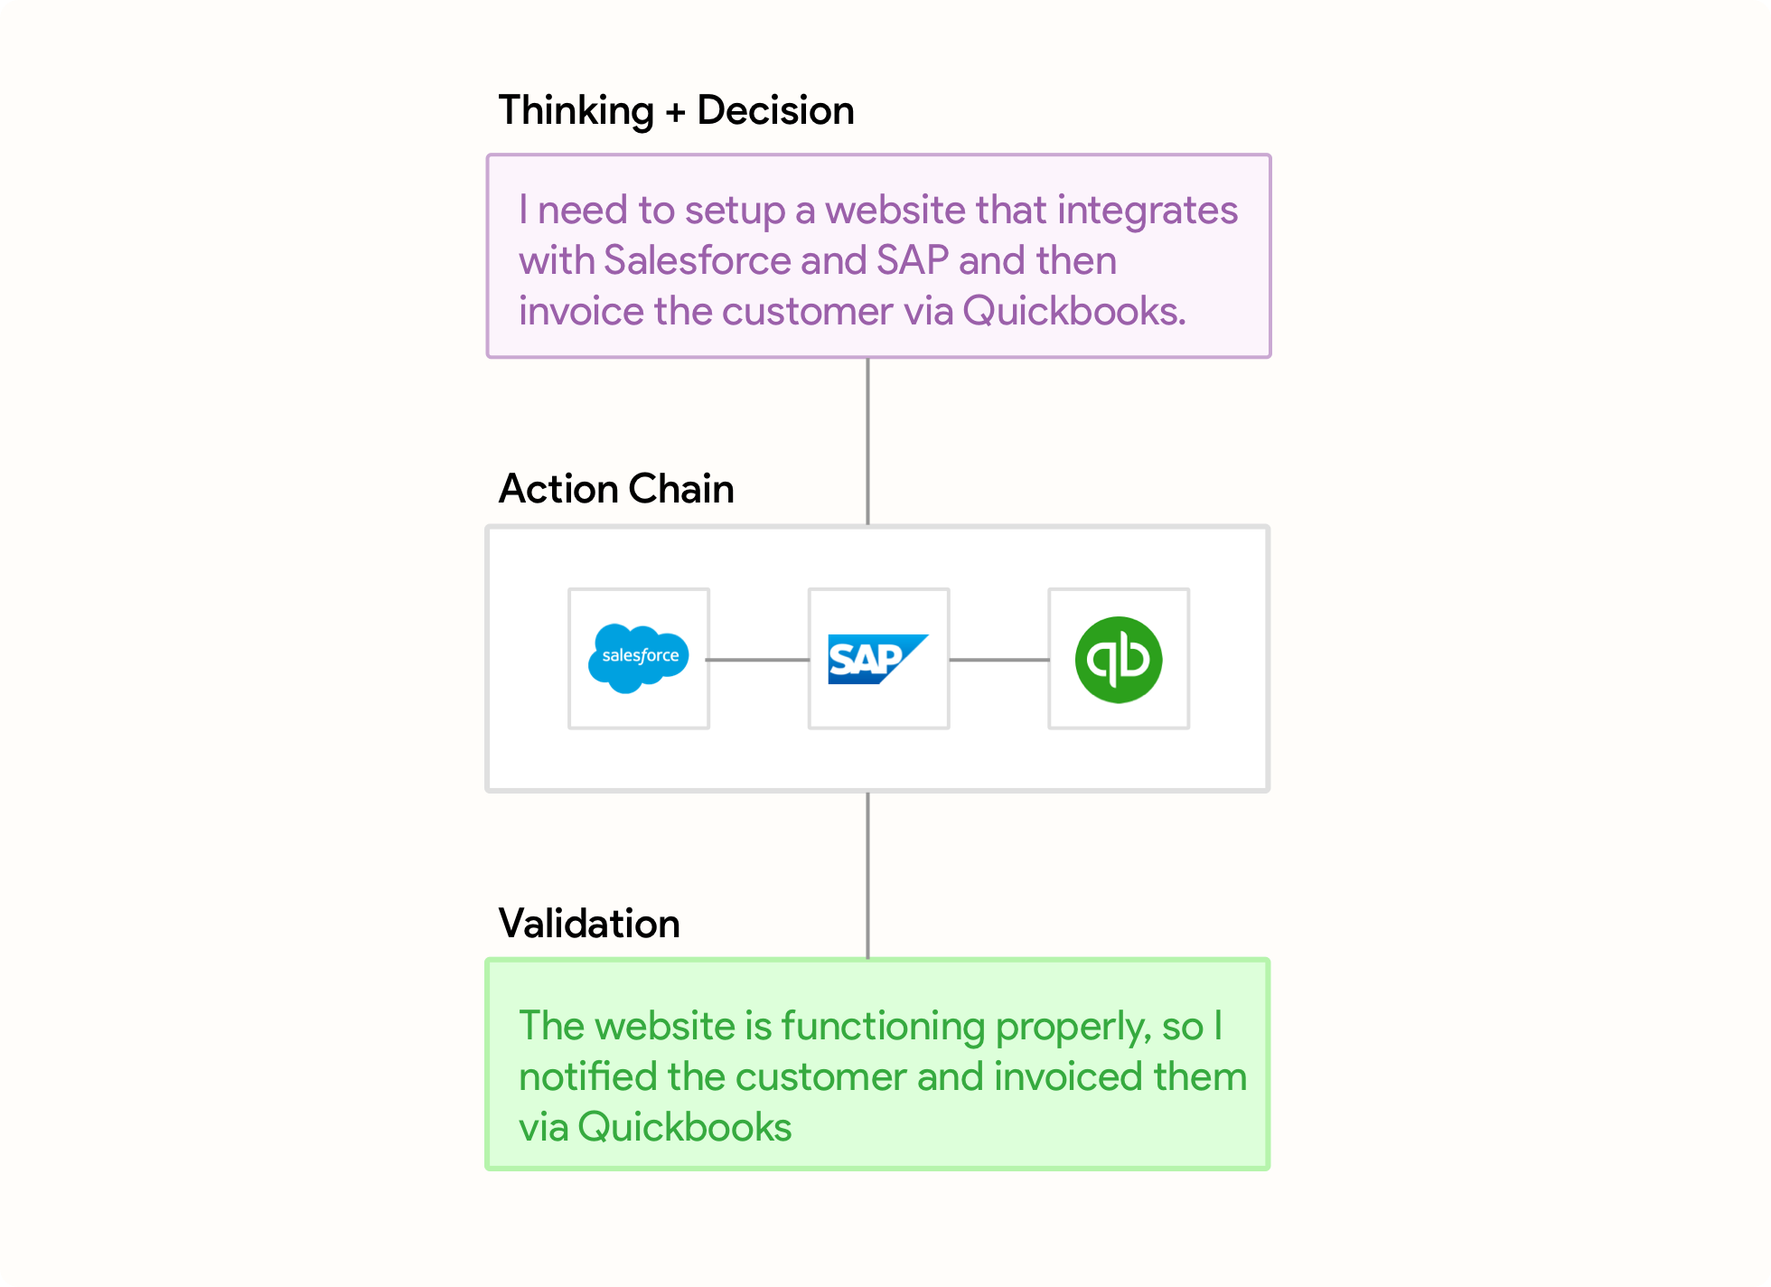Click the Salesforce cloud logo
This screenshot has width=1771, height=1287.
click(639, 658)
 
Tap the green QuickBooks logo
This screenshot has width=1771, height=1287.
click(1119, 660)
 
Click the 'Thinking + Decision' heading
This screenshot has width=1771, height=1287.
click(676, 110)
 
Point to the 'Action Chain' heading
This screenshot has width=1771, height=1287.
click(616, 489)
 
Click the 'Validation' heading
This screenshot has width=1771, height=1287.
click(589, 924)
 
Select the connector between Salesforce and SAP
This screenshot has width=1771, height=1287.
click(758, 660)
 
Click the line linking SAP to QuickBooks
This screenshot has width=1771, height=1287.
click(998, 660)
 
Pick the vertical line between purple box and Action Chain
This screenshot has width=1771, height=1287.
click(867, 441)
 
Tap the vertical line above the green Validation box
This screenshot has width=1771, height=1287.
click(867, 875)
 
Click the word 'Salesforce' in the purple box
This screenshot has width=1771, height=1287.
click(698, 260)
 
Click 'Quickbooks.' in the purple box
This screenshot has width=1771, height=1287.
click(1074, 311)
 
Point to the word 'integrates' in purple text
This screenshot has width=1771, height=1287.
click(1148, 211)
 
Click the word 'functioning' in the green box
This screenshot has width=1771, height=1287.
click(883, 1027)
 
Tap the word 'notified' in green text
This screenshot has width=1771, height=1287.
click(588, 1076)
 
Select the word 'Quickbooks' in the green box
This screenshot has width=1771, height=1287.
click(685, 1127)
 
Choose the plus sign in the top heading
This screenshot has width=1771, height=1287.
click(675, 112)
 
